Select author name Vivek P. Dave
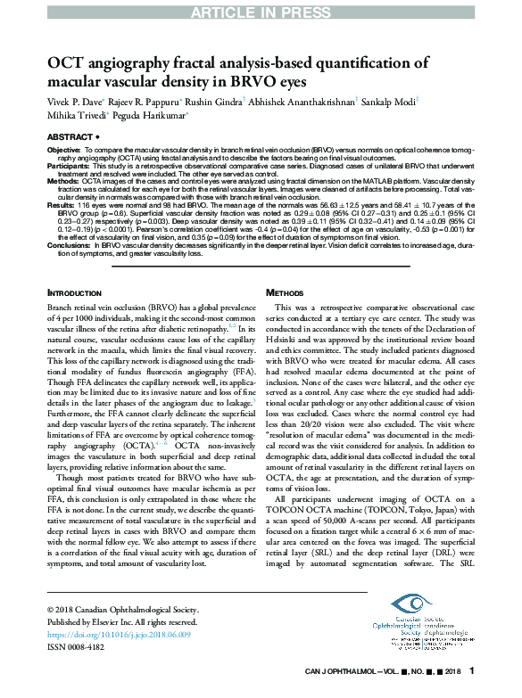(x=76, y=102)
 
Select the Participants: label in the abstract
(x=69, y=167)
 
